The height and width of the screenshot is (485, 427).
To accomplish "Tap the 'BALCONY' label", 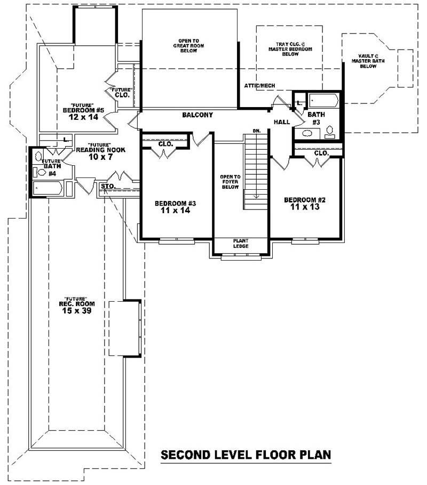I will [197, 115].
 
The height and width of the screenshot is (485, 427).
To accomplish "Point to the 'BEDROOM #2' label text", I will [305, 200].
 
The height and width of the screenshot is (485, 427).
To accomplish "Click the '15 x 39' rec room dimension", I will [76, 311].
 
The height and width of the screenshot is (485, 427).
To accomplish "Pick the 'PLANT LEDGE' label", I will [240, 243].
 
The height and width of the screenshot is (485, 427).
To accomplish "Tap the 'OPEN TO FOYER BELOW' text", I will [231, 182].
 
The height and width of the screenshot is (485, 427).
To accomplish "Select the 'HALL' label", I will [282, 122].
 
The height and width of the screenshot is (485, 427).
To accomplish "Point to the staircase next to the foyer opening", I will [256, 171].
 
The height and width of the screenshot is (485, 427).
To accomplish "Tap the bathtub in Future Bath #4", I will [48, 188].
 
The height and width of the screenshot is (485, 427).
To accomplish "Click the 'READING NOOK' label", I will [100, 150].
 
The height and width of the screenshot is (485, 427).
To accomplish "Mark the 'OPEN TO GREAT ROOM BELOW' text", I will [189, 45].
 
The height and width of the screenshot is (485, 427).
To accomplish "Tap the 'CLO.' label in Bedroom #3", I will [165, 144].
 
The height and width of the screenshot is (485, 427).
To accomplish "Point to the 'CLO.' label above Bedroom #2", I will [321, 153].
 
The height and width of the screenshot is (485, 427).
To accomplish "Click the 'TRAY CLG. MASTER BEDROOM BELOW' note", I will [290, 48].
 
